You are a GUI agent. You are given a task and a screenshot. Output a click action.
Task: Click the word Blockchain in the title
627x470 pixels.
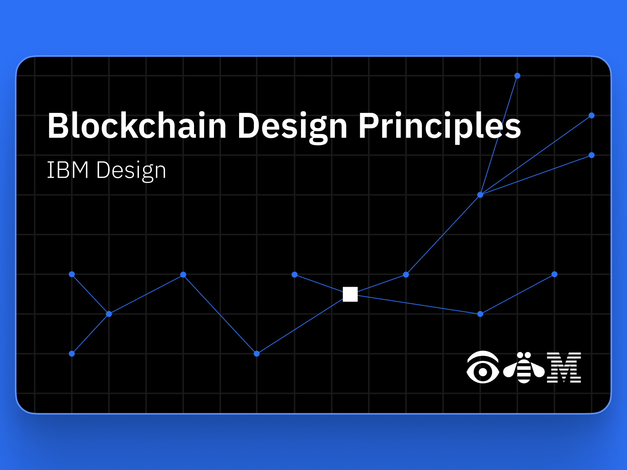pos(137,125)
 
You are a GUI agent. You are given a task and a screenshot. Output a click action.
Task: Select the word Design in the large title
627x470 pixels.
pos(292,128)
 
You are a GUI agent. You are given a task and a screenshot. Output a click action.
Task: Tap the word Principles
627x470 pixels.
pos(440,128)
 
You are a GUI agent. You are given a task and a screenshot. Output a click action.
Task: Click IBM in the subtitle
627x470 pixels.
pos(68,170)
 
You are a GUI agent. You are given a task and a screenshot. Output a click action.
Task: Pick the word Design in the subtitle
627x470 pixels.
pos(131,171)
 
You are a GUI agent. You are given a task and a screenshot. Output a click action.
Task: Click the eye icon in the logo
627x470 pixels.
pos(483,367)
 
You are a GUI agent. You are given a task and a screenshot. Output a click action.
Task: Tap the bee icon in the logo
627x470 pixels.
pos(524,367)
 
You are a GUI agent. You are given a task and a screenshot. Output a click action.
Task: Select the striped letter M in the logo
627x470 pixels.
pos(564,367)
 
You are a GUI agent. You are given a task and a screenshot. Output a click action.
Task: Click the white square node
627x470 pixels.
pos(350,294)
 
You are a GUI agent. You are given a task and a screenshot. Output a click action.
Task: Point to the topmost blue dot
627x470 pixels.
pos(517,76)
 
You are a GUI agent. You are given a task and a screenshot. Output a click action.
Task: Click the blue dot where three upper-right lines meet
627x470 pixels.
pos(480,195)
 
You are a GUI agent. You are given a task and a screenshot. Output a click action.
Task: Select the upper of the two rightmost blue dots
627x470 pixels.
pos(592,115)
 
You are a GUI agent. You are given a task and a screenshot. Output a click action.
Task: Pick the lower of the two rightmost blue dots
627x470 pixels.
pos(592,155)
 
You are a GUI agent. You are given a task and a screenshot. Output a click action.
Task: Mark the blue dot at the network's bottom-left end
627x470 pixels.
pos(72,354)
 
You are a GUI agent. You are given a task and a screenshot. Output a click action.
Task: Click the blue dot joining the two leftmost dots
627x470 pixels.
pos(109,314)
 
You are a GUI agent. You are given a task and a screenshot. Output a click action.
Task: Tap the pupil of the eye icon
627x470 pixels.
pos(483,372)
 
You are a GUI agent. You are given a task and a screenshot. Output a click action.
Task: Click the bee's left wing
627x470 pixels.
pos(510,371)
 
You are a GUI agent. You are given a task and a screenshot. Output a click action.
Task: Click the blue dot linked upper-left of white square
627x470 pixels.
pos(295,275)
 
